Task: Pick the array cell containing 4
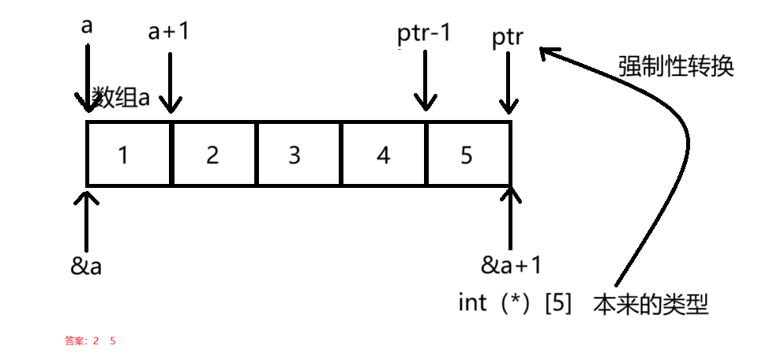384,154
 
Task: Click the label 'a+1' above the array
169,32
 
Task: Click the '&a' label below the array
86,266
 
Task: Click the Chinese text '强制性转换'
676,66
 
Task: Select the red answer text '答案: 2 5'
91,342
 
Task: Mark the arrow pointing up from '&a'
86,217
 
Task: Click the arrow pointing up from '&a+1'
512,217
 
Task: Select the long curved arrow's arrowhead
547,54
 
